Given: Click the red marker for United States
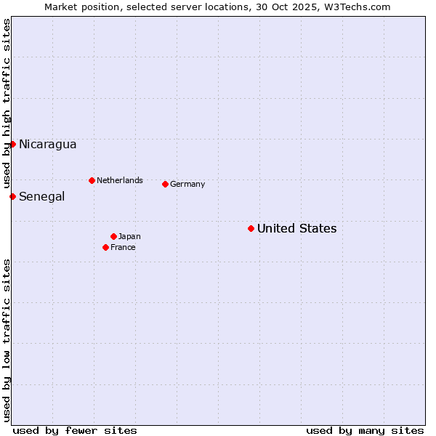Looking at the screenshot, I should [251, 228].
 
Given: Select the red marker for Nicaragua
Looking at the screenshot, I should [12, 144].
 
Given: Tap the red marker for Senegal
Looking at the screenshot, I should [12, 196].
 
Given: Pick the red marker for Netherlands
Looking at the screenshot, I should [92, 180].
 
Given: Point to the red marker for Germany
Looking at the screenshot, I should [165, 184].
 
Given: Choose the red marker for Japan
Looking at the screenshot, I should [113, 236].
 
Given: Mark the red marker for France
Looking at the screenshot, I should [105, 247].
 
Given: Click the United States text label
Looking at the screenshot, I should [296, 228].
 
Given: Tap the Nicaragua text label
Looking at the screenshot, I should [47, 144].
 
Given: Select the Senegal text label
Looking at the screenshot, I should [41, 196].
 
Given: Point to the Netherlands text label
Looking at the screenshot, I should [120, 180].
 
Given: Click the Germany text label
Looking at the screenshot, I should [187, 184].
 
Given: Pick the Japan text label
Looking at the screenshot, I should [129, 236].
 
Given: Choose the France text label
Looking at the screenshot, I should [123, 247].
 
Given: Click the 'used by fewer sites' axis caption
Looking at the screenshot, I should [75, 430].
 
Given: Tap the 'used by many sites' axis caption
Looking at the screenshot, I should [365, 430].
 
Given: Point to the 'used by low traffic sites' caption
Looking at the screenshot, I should [7, 340].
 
